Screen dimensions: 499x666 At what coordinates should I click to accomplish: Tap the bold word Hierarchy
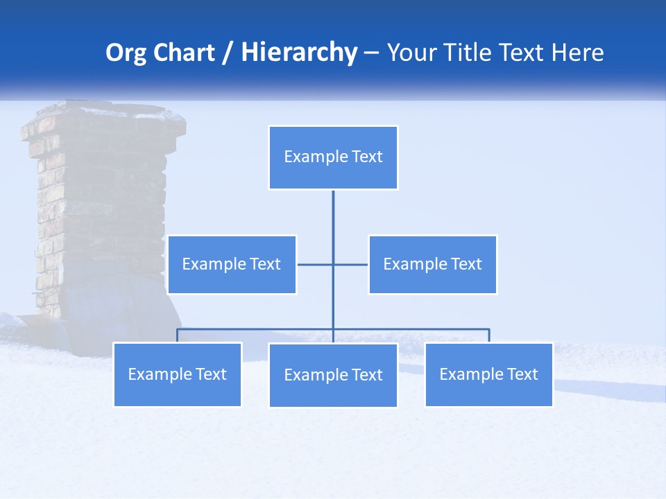[x=299, y=53]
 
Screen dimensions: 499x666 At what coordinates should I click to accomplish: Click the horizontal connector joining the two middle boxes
[x=316, y=265]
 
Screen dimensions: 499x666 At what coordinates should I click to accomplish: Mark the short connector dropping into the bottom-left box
[x=178, y=335]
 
